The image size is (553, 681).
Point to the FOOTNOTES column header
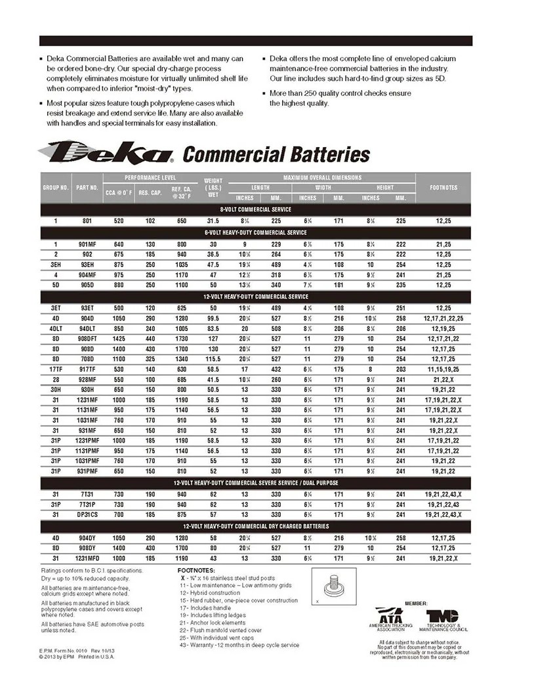pyautogui.click(x=443, y=187)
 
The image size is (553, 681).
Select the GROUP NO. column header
pyautogui.click(x=56, y=187)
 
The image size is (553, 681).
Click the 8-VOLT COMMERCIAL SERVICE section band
pyautogui.click(x=255, y=209)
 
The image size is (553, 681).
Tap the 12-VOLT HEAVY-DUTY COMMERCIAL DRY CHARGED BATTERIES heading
pyautogui.click(x=255, y=526)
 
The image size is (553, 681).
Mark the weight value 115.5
pyautogui.click(x=213, y=359)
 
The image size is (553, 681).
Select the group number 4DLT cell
pyautogui.click(x=56, y=328)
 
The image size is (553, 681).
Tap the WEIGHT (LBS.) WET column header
pyautogui.click(x=213, y=187)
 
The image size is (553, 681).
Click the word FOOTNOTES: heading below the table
pyautogui.click(x=196, y=570)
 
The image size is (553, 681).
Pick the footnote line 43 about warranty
pyautogui.click(x=239, y=645)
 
